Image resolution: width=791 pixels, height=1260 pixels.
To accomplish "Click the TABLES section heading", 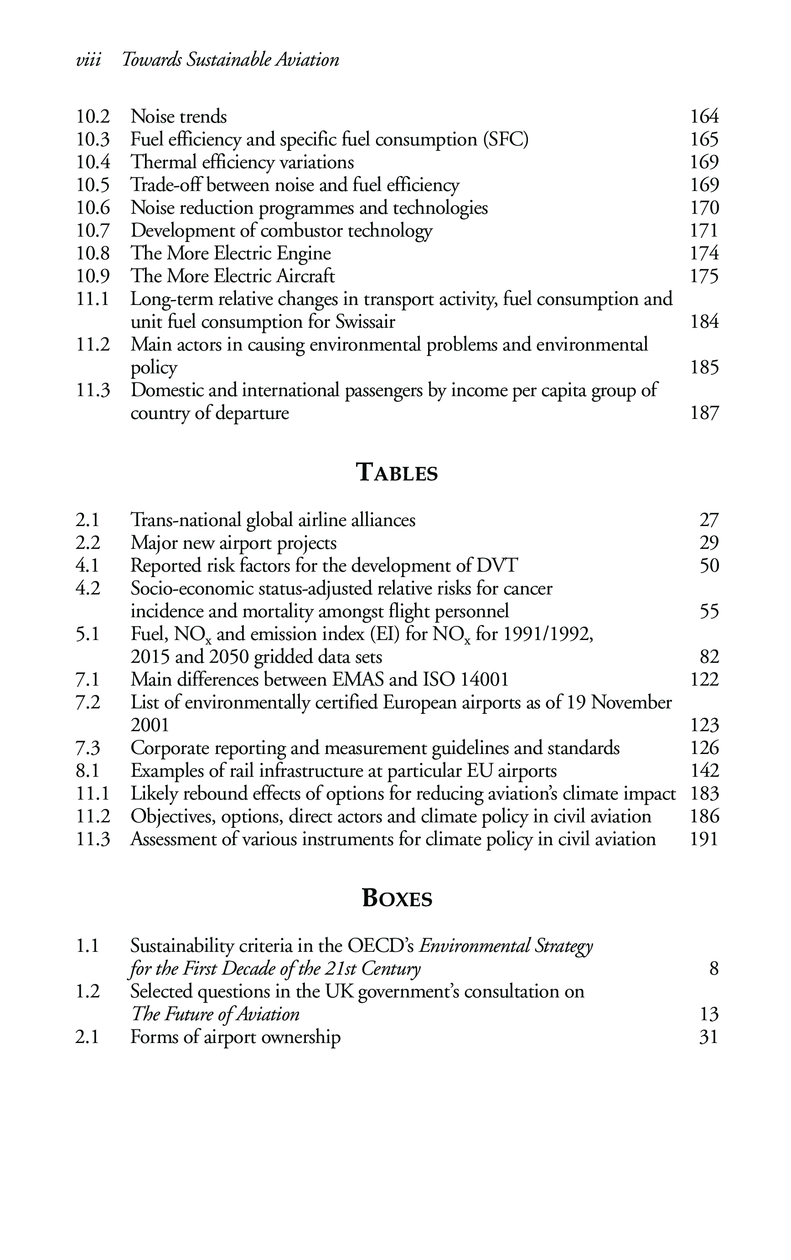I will click(397, 472).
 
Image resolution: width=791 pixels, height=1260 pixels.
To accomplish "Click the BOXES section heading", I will click(397, 899).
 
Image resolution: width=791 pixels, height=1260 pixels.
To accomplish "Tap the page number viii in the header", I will click(88, 60).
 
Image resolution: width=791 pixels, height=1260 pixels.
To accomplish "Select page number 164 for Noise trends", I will click(704, 116).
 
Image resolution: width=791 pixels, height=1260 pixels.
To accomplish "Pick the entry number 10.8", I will click(93, 253).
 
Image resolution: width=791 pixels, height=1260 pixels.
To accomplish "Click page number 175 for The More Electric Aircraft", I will click(704, 276).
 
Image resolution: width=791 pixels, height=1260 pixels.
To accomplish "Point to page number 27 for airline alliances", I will click(709, 520).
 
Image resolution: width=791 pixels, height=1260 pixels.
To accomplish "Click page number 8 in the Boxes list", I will click(713, 969).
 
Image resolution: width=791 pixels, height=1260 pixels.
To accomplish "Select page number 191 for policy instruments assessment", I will click(704, 839).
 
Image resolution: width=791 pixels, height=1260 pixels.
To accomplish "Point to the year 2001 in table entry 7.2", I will click(150, 725).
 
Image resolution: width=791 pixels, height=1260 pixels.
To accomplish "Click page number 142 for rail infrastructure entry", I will click(704, 770).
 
